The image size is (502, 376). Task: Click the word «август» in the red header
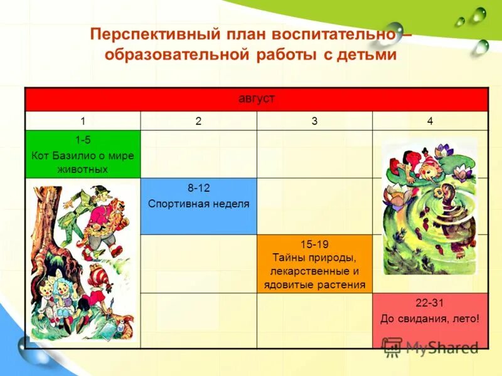[257, 99]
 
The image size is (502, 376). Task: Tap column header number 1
[82, 121]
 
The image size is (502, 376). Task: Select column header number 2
[198, 121]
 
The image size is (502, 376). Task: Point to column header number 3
[314, 121]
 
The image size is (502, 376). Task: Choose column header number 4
[430, 121]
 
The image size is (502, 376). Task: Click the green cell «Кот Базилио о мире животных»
[82, 155]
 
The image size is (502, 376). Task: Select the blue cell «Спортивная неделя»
[198, 206]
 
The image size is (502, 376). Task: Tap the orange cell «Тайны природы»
[314, 264]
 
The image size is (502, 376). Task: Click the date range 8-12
[198, 189]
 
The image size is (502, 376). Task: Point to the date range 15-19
[314, 244]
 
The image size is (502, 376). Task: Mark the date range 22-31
[430, 303]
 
